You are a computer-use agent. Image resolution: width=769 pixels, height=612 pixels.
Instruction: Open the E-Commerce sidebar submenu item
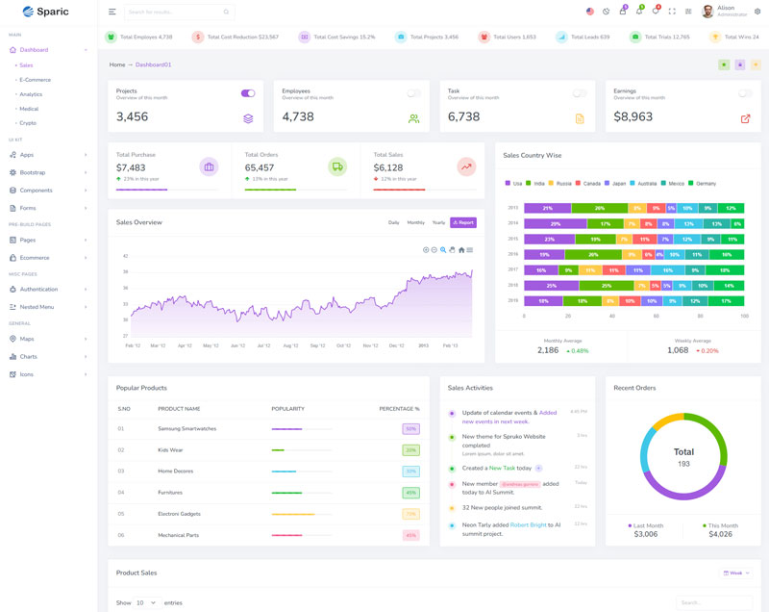(36, 80)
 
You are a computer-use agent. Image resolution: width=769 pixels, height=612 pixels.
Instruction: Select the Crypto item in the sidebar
(28, 123)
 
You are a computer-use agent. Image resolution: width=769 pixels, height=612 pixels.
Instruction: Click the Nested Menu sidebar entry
(37, 307)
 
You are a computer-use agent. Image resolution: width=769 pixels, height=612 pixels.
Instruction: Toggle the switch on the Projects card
(248, 93)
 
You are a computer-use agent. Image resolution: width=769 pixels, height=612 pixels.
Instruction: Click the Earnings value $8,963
(633, 116)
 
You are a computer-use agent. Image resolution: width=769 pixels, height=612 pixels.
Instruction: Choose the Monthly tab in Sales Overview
(415, 222)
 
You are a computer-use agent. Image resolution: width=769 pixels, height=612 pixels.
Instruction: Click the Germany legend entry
(706, 183)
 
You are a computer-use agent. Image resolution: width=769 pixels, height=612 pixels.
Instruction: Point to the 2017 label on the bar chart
(513, 269)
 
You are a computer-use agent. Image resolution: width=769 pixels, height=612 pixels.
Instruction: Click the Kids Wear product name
(170, 449)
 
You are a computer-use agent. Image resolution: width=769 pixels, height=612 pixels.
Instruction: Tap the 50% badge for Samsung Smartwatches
(410, 429)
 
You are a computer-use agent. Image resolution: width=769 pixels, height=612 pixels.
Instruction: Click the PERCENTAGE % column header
(399, 409)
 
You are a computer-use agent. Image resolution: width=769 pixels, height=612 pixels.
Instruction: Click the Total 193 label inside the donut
(683, 456)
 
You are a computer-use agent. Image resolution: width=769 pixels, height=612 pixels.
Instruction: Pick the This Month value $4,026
(720, 534)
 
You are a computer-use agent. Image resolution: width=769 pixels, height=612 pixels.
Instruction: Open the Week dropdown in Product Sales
(736, 573)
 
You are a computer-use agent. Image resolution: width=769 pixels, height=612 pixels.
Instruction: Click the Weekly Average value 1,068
(678, 350)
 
